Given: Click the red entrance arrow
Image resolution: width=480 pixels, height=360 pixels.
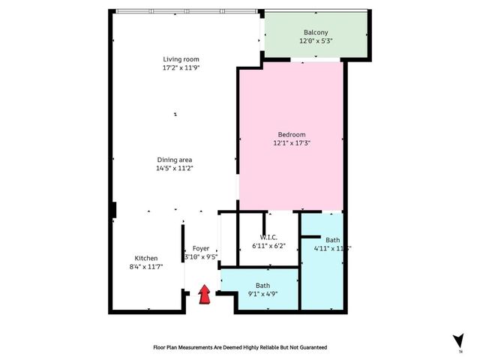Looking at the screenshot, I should point(203,294).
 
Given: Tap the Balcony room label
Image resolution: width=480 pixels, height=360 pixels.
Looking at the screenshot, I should point(316,32).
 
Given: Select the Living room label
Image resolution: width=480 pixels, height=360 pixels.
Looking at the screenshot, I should point(181,59).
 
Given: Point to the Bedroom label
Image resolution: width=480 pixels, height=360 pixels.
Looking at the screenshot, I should point(291,134).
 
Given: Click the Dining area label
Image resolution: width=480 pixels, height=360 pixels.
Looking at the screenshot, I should point(175,160).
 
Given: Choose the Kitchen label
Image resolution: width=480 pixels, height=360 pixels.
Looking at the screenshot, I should point(146,258).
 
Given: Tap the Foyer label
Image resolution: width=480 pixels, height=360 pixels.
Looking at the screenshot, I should point(201,248).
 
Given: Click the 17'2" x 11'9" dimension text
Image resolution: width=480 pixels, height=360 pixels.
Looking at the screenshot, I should point(181,68).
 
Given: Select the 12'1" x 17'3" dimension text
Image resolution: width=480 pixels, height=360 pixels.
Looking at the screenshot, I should point(291,143).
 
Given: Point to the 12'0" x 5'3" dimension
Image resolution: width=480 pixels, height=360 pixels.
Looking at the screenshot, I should point(316,41).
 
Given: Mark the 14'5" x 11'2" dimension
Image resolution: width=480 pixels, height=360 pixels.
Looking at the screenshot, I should point(175,169).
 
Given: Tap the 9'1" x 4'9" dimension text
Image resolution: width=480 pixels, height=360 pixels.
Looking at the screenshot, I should point(262,295).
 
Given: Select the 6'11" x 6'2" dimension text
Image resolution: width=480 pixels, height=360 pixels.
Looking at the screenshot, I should point(268,246).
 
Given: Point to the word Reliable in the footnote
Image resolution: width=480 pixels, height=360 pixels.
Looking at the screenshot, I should point(244,348).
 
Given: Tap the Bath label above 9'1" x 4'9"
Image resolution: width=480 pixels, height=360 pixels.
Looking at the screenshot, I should point(262,286).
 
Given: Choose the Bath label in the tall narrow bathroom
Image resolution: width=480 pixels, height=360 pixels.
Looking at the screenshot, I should point(322,239).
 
